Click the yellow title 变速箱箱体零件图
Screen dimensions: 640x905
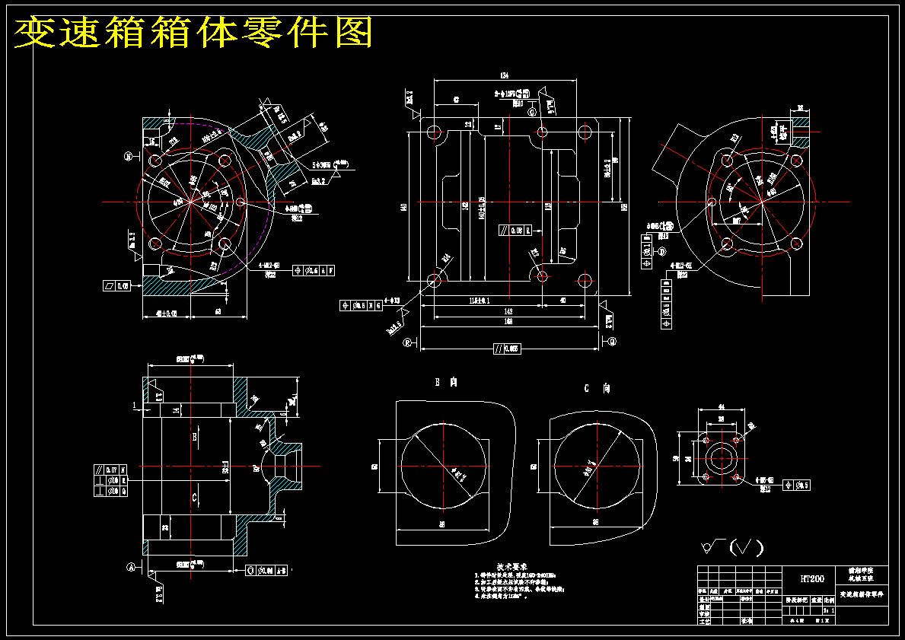pyautogui.click(x=194, y=32)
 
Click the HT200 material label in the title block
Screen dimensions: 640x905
pyautogui.click(x=812, y=578)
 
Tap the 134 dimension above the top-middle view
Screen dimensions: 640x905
pyautogui.click(x=504, y=75)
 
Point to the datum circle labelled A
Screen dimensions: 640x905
pyautogui.click(x=130, y=567)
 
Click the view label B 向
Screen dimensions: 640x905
pyautogui.click(x=447, y=382)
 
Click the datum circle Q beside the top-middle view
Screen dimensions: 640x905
pyautogui.click(x=612, y=342)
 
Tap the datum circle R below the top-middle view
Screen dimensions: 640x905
pyautogui.click(x=408, y=342)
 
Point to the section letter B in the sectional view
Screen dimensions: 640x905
pyautogui.click(x=195, y=438)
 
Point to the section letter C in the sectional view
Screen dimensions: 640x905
pyautogui.click(x=195, y=496)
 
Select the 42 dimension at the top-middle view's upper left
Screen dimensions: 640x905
pyautogui.click(x=456, y=100)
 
